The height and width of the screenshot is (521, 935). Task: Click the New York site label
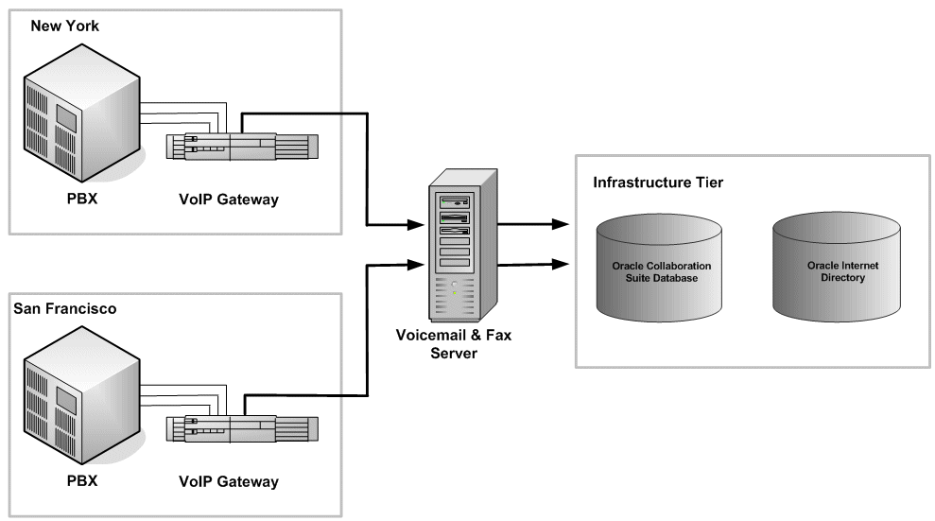(65, 26)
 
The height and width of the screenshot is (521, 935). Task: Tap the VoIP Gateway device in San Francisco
(242, 429)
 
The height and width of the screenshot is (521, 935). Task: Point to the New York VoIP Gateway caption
(229, 200)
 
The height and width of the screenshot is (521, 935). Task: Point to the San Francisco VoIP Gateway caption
(229, 481)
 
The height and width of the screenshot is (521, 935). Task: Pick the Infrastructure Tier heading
(658, 182)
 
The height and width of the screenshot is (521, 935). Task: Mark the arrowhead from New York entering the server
(416, 226)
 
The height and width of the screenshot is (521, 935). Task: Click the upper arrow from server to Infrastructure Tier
(534, 225)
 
